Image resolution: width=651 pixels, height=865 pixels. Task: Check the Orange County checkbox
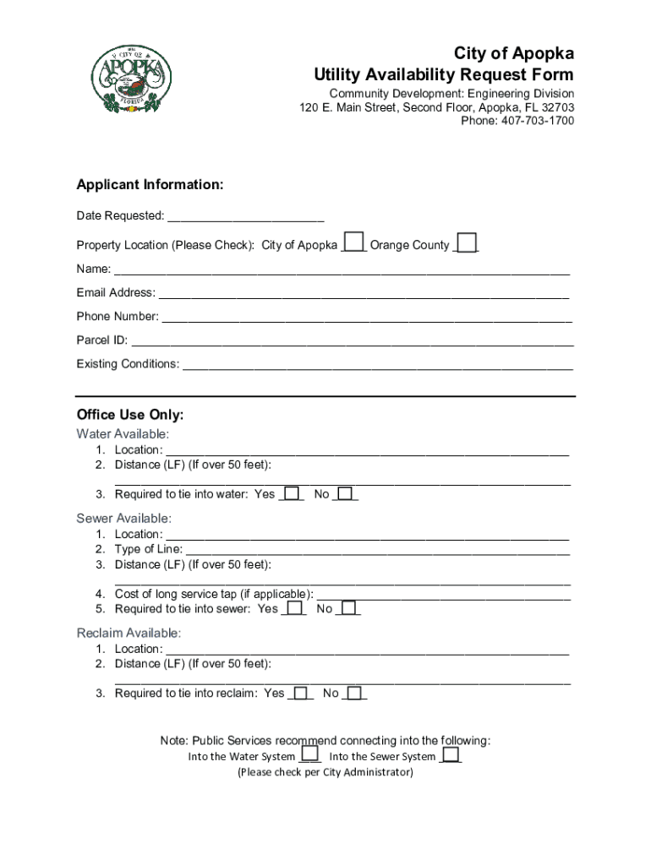click(x=467, y=243)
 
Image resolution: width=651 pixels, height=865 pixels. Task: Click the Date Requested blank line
click(x=245, y=217)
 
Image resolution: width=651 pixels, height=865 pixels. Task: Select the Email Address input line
click(x=364, y=294)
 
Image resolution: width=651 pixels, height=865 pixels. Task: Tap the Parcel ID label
click(x=102, y=340)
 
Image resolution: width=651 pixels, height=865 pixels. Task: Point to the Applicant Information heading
click(x=150, y=185)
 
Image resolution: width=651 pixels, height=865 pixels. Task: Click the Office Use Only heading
click(x=129, y=415)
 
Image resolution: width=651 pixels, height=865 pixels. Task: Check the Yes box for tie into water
click(x=292, y=493)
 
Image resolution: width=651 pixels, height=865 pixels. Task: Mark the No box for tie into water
click(x=346, y=493)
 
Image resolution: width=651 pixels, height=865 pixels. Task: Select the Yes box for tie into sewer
click(x=294, y=608)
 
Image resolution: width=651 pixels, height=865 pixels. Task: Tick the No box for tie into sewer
click(x=349, y=608)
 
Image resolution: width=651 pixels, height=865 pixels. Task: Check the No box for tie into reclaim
click(x=356, y=693)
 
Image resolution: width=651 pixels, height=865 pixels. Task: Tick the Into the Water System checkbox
click(x=310, y=754)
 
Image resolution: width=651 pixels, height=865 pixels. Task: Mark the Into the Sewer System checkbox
click(x=451, y=754)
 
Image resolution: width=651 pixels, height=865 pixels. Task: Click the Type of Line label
click(x=148, y=549)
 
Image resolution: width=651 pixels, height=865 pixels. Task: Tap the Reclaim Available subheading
click(x=128, y=633)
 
